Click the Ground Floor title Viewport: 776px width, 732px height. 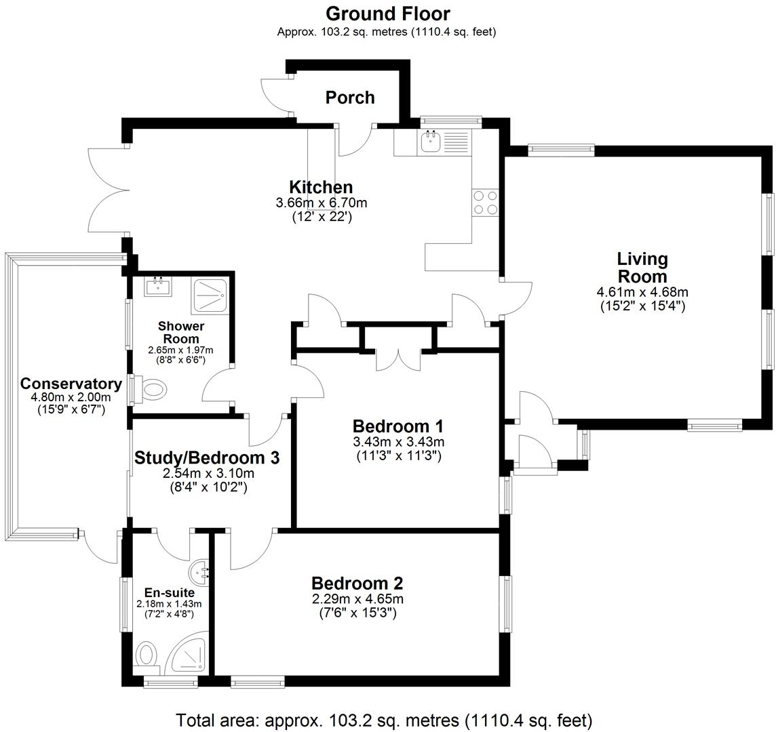pyautogui.click(x=387, y=14)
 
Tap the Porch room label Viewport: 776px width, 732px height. pyautogui.click(x=350, y=98)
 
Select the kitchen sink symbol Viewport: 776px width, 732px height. pyautogui.click(x=431, y=142)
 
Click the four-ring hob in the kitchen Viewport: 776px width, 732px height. pyautogui.click(x=485, y=201)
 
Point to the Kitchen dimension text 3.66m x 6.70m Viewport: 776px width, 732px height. pyautogui.click(x=322, y=203)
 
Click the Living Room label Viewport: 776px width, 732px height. pyautogui.click(x=642, y=268)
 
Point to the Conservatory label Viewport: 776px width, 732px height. pyautogui.click(x=71, y=384)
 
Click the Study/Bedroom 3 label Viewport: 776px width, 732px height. pyautogui.click(x=207, y=458)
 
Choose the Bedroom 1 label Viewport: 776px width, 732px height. pyautogui.click(x=398, y=426)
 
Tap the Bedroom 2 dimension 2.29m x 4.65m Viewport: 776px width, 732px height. pyautogui.click(x=357, y=599)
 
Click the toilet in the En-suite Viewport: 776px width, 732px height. pyautogui.click(x=146, y=656)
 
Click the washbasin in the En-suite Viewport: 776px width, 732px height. pyautogui.click(x=201, y=573)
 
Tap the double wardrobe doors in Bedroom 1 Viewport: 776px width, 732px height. pyautogui.click(x=397, y=359)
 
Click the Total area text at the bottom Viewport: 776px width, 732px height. pyautogui.click(x=385, y=720)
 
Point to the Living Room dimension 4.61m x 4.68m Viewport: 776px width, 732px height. pyautogui.click(x=642, y=292)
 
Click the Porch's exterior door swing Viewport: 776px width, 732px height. pyautogui.click(x=275, y=95)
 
